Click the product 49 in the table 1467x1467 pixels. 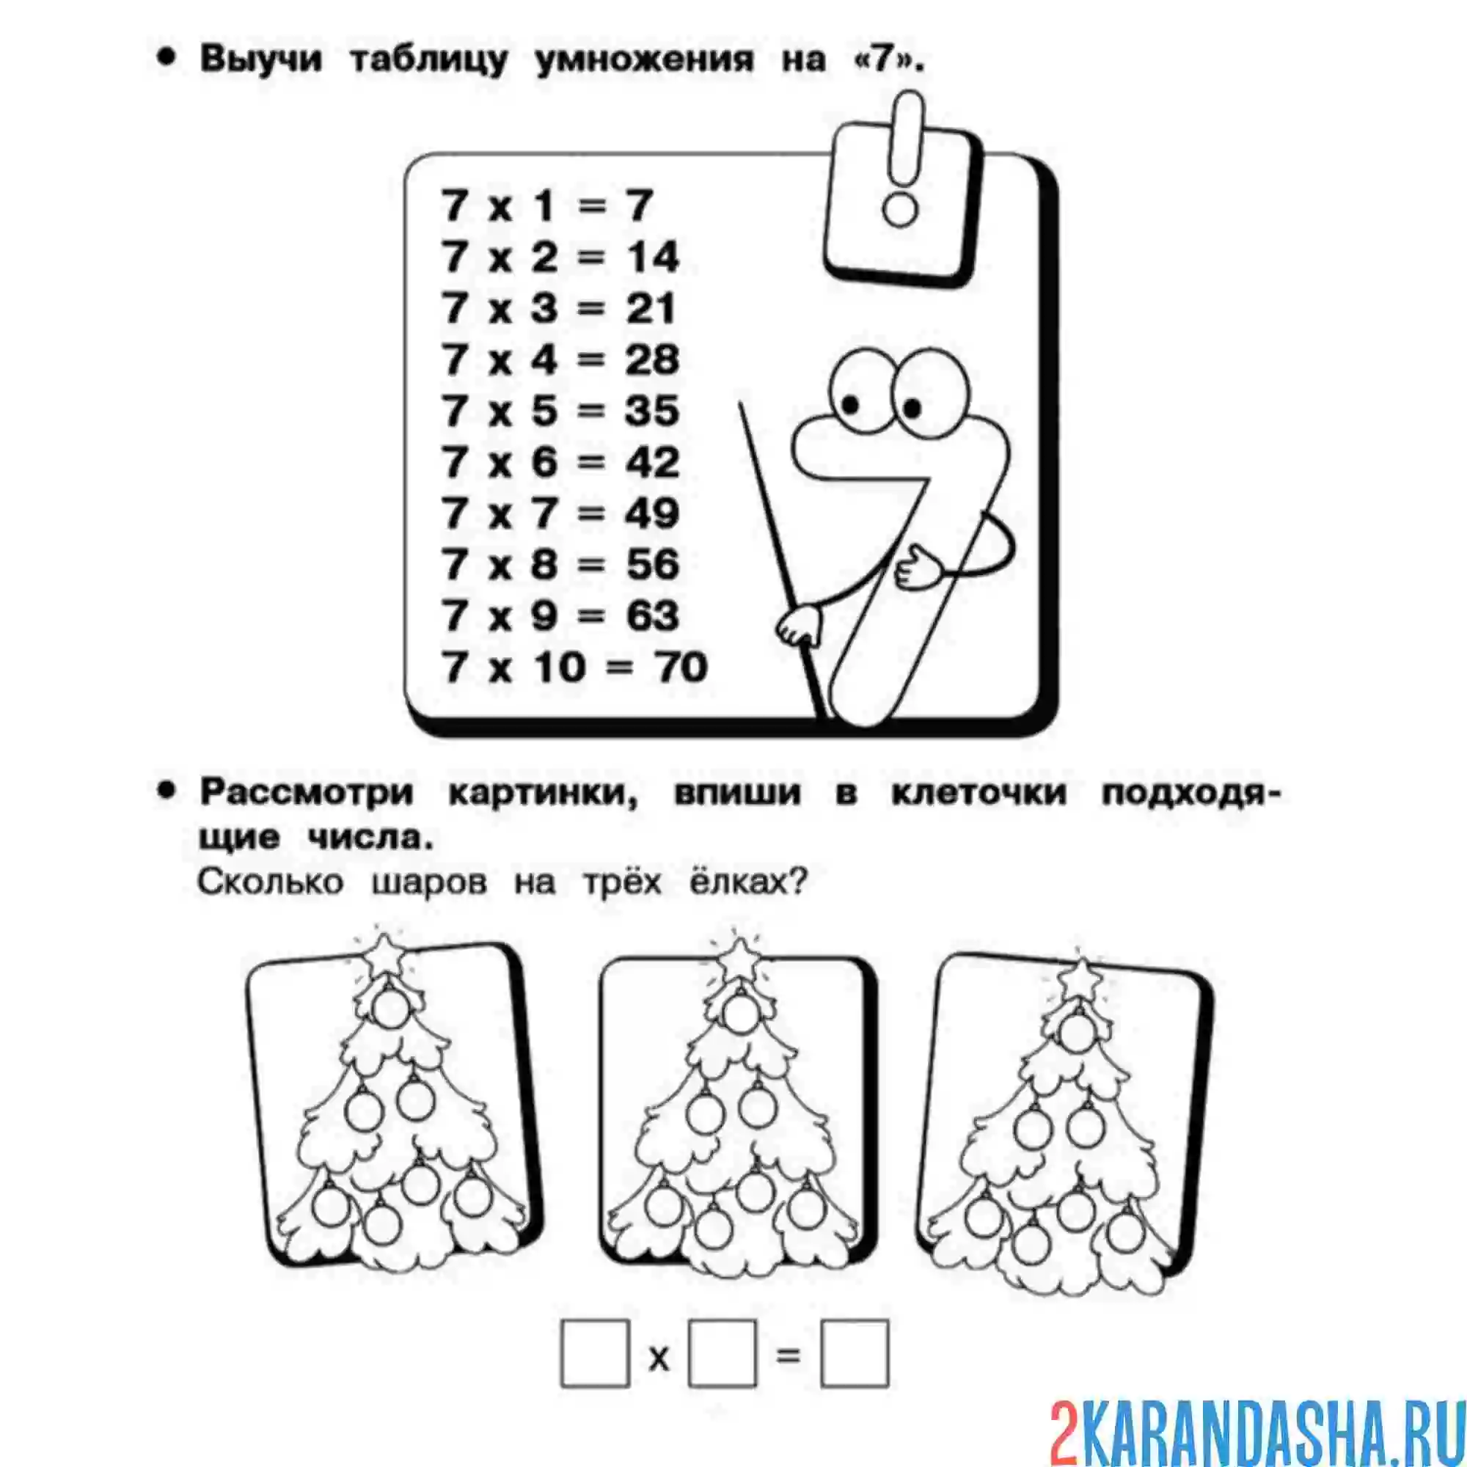[x=651, y=514]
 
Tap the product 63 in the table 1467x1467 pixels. [x=651, y=616]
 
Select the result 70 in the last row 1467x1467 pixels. [x=682, y=667]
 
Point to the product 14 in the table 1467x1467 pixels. [x=651, y=257]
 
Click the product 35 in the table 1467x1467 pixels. [x=651, y=411]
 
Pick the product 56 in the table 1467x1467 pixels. [x=651, y=565]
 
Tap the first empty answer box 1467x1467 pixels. [x=595, y=1354]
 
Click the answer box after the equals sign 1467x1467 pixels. [x=855, y=1354]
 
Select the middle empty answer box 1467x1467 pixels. [x=722, y=1354]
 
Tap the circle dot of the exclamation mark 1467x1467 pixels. [x=901, y=209]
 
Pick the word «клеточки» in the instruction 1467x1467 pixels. [x=978, y=793]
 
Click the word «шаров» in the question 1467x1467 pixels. [x=429, y=882]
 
